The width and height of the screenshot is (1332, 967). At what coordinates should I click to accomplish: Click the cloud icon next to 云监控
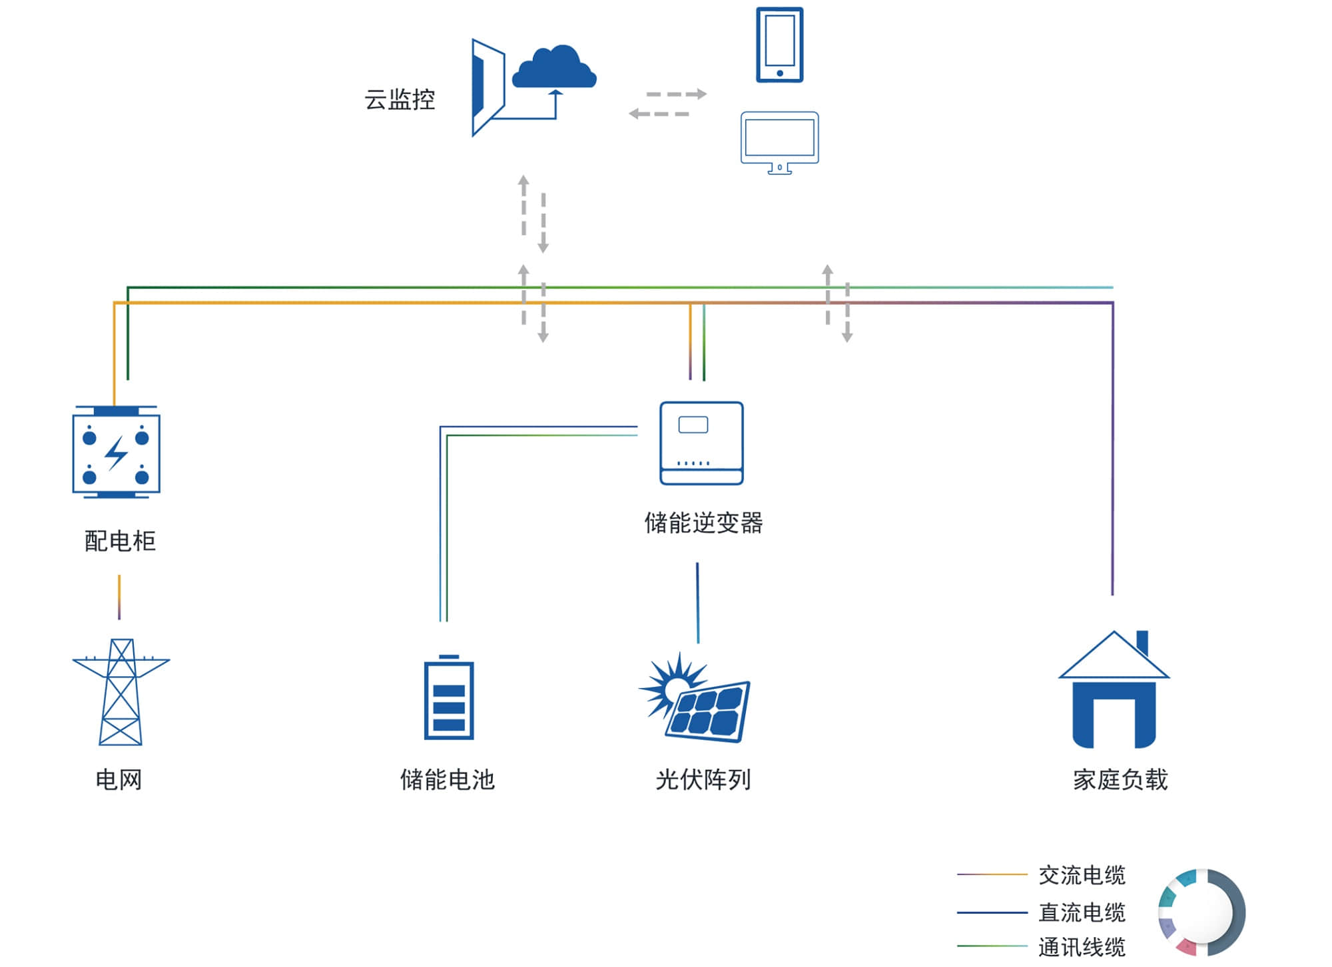[553, 67]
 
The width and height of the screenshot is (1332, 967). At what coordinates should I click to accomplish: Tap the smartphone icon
[779, 45]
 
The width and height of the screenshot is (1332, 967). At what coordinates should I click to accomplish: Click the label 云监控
[400, 100]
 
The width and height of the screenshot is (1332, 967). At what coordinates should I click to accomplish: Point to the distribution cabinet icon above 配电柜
[116, 452]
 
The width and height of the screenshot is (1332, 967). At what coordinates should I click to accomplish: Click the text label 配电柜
[120, 541]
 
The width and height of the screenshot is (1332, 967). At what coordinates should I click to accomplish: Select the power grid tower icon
[121, 692]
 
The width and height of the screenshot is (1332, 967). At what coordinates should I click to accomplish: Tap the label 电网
[119, 779]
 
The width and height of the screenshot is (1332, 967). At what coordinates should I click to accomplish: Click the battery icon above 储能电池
[449, 697]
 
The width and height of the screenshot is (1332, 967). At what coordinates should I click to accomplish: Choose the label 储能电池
[448, 779]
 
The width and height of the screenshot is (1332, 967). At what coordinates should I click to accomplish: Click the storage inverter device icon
[701, 443]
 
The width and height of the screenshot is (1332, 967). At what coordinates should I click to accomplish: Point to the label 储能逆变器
[703, 522]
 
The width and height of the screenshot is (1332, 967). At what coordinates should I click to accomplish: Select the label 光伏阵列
[703, 779]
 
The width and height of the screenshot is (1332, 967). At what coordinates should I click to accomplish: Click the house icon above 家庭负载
[1114, 689]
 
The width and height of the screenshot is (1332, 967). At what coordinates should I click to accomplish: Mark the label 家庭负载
[1120, 779]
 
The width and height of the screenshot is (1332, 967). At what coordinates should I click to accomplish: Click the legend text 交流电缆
[1082, 875]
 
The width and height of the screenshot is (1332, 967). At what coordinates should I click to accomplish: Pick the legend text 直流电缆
[1082, 912]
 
